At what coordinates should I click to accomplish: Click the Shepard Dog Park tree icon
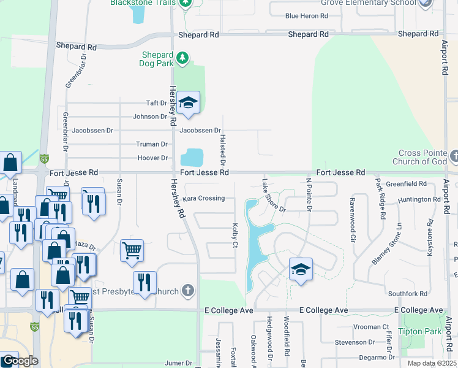(182, 58)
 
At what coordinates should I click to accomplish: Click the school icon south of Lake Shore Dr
(300, 270)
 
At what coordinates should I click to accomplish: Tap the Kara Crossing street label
(204, 198)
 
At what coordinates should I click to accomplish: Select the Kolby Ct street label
(235, 236)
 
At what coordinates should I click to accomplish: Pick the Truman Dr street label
(151, 144)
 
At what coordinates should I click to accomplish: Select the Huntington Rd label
(419, 199)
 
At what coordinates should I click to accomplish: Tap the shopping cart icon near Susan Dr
(132, 250)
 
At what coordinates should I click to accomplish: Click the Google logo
(20, 361)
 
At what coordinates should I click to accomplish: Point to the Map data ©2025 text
(431, 363)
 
